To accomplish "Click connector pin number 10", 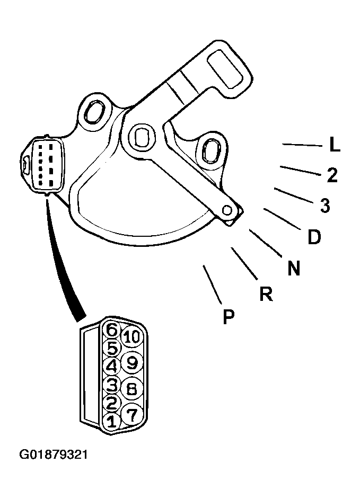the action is (x=131, y=337).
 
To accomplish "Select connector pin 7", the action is (x=132, y=414).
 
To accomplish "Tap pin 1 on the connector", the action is (x=111, y=422).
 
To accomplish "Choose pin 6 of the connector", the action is (x=111, y=330).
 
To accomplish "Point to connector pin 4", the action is (x=111, y=366).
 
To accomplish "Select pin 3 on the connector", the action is (x=111, y=385).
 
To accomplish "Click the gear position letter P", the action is (x=229, y=316).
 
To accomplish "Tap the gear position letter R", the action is (x=266, y=293).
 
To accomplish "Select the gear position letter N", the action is (x=294, y=268).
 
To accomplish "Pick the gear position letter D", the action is (x=314, y=237).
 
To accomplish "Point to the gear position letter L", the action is (x=335, y=145).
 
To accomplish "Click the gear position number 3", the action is (x=325, y=205).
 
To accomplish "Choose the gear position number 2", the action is (x=332, y=175).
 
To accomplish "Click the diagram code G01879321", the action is (x=54, y=454).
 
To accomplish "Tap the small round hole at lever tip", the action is (x=227, y=210).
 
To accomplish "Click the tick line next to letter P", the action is (x=212, y=284).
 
